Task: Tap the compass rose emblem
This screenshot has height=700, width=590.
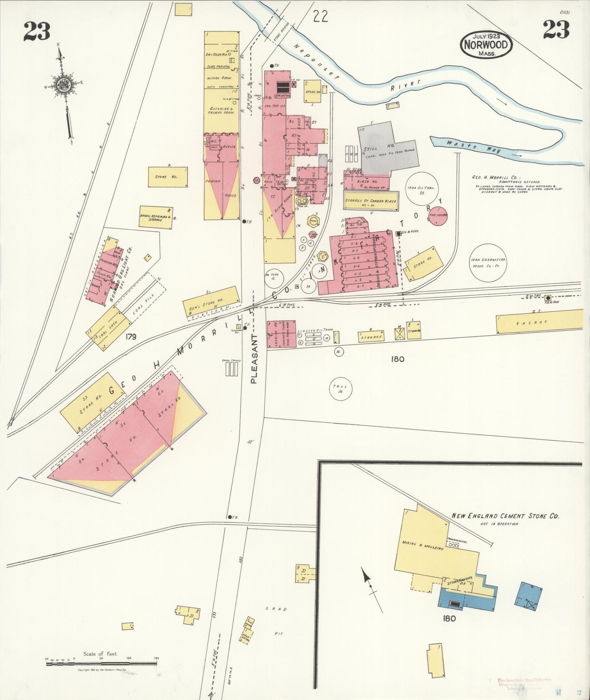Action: [65, 85]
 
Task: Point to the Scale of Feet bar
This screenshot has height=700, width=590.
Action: [101, 664]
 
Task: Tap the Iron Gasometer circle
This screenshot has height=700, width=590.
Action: [488, 263]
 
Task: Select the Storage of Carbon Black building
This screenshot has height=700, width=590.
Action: [371, 201]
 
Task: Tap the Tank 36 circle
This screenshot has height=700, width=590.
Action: [341, 388]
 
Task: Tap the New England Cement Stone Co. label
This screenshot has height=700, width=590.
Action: [505, 516]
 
